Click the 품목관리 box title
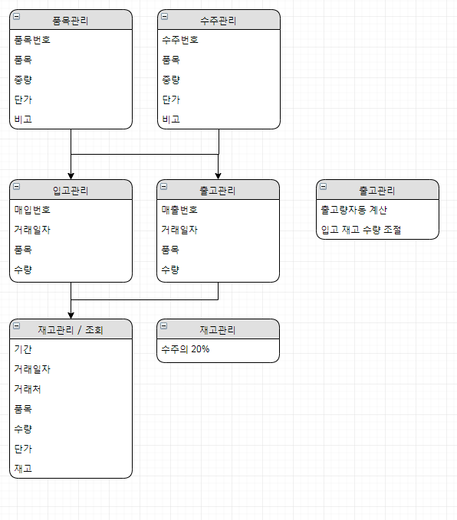point(71,21)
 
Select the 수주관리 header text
point(219,21)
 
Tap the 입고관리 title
point(71,191)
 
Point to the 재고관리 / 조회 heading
point(71,330)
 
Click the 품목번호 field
point(32,40)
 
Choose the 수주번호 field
point(180,40)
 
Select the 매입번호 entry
point(32,210)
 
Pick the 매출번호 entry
point(179,210)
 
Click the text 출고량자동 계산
point(354,210)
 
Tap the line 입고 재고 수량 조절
point(361,230)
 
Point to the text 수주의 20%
point(186,349)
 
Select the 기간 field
point(23,349)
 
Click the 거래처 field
point(28,389)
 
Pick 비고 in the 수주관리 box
point(171,119)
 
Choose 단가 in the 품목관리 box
point(23,100)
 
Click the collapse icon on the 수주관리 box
point(164,16)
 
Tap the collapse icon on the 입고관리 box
point(16,186)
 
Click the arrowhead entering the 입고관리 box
point(71,176)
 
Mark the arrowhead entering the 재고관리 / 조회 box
point(71,315)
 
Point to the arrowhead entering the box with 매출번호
point(219,176)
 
